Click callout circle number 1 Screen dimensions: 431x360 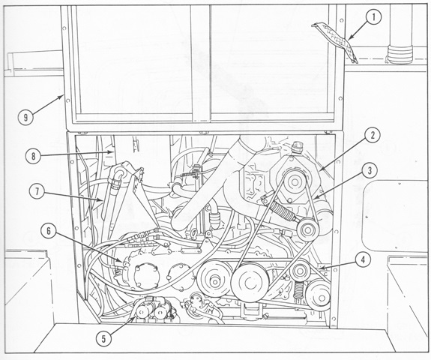click(x=373, y=17)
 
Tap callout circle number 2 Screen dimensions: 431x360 click(x=372, y=136)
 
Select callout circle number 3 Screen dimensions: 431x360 click(x=370, y=171)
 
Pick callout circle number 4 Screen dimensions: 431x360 click(x=363, y=260)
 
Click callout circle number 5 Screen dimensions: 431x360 click(x=103, y=339)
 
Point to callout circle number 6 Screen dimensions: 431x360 click(x=49, y=231)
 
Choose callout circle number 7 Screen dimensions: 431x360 click(x=37, y=191)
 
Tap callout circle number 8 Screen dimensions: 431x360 click(x=33, y=156)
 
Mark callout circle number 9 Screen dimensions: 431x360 click(x=25, y=118)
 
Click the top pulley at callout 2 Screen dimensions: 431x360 click(x=294, y=181)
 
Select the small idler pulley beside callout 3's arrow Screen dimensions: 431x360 click(x=307, y=229)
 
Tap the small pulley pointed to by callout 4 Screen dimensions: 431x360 click(x=300, y=271)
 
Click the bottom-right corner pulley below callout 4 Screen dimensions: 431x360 click(x=319, y=295)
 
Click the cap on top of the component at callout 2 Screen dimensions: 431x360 click(x=297, y=148)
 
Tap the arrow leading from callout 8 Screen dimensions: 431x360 click(x=78, y=154)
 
